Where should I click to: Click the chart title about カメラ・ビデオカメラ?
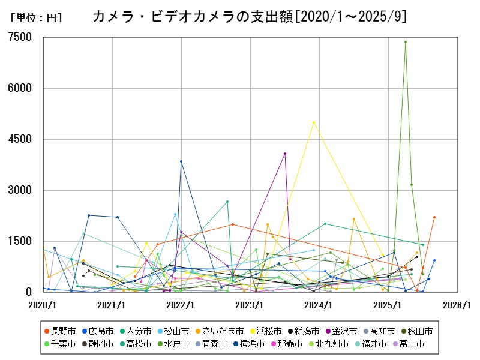(x=249, y=17)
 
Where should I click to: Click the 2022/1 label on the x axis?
(x=181, y=305)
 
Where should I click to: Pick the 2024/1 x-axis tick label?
(x=319, y=305)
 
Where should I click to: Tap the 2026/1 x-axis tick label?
(x=457, y=305)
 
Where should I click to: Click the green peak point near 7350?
(x=406, y=42)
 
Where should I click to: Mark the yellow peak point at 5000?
(x=314, y=122)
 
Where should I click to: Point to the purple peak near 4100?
(x=285, y=154)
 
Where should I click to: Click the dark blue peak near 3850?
(x=181, y=161)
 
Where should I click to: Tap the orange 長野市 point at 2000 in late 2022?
(x=233, y=224)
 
